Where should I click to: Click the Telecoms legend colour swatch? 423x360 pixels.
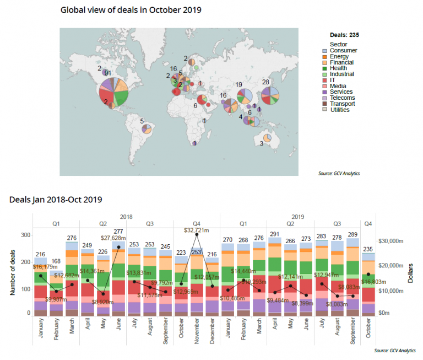point(325,98)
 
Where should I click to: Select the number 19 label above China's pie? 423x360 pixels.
point(238,84)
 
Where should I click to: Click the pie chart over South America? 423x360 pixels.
point(147,129)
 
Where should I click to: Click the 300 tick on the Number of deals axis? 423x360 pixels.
point(24,234)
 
